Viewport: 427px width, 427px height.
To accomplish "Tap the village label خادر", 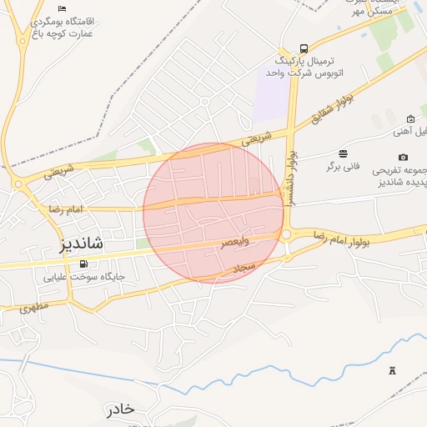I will tap(120, 409).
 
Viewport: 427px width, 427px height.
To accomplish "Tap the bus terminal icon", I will tap(304, 49).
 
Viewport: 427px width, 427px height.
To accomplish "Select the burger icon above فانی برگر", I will tap(343, 153).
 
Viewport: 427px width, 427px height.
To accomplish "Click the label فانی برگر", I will tap(343, 166).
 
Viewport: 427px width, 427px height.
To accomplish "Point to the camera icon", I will tap(404, 157).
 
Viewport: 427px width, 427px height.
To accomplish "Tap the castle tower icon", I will tap(392, 369).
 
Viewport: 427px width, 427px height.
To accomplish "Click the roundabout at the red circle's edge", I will tap(287, 235).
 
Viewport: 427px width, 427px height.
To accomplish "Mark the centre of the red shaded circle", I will tap(213, 213).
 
